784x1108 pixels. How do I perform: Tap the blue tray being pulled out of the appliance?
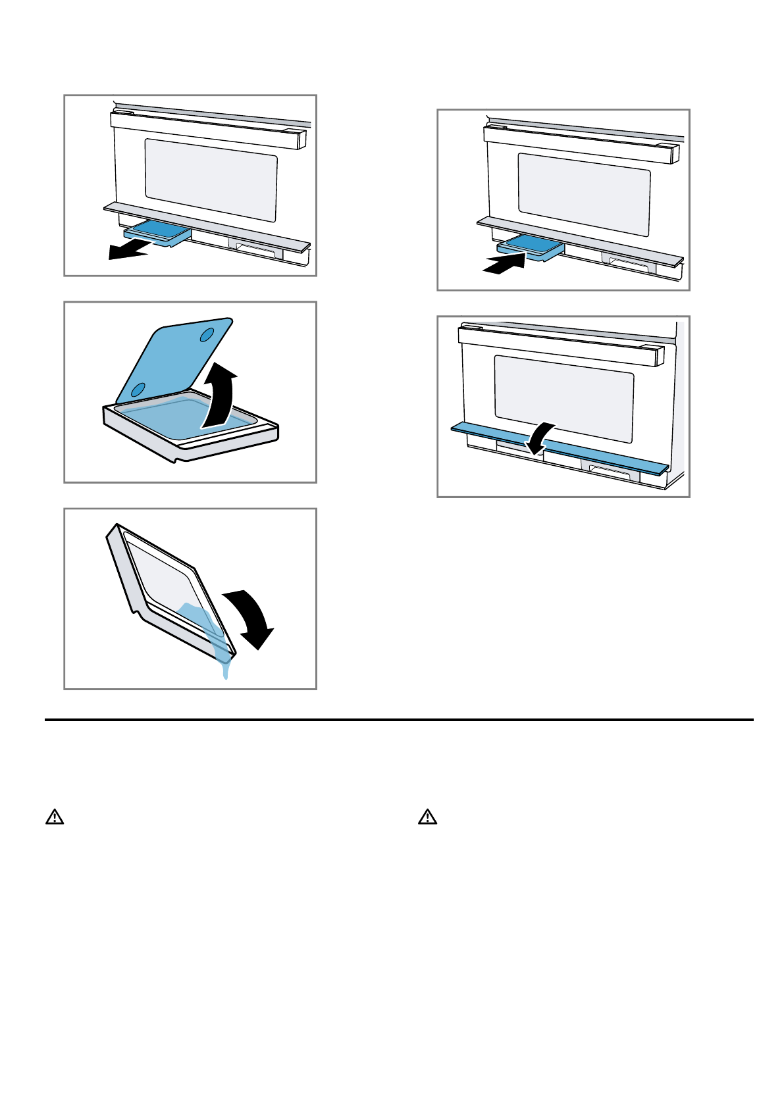coord(157,232)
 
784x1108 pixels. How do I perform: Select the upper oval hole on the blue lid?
coord(207,334)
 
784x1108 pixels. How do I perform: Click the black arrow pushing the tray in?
coord(504,264)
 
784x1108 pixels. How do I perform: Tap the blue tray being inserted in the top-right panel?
coord(531,245)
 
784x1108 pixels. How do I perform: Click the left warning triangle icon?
coord(55,817)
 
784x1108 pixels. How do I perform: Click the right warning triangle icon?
coord(428,817)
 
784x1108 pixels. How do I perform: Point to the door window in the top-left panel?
coord(211,179)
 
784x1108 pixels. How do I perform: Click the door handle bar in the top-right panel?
coord(579,143)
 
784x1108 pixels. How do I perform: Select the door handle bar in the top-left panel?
coord(207,130)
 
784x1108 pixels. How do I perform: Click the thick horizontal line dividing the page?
coord(399,720)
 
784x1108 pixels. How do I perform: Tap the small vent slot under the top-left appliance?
coord(255,250)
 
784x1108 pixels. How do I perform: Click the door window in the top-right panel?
coord(584,194)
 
